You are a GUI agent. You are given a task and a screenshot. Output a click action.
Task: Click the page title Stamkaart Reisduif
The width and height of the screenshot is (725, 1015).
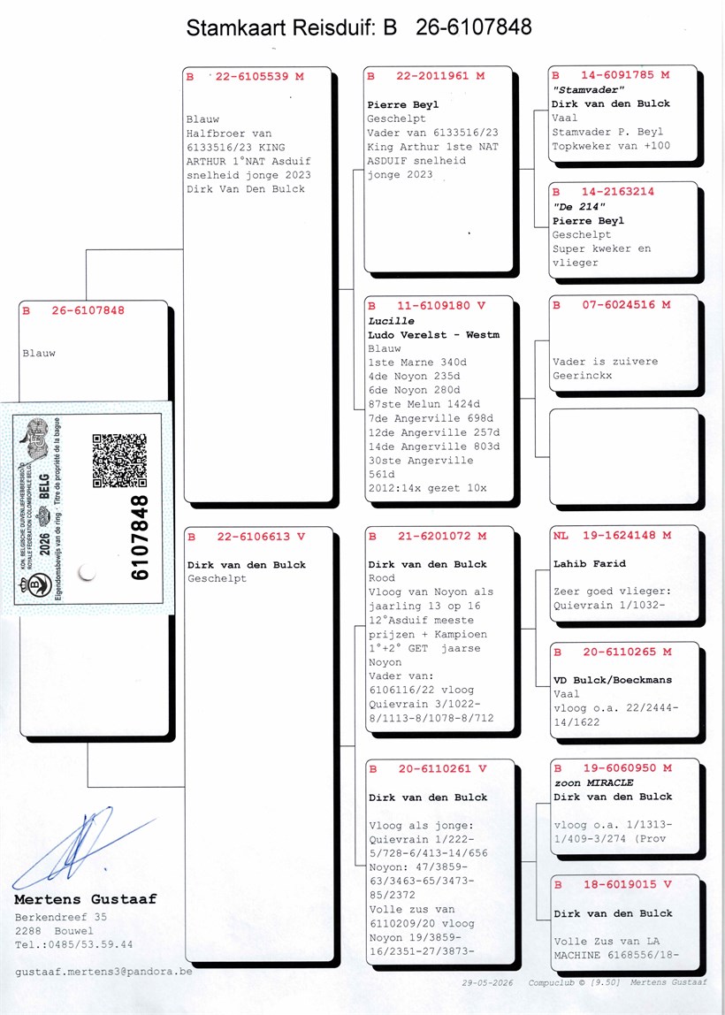(284, 27)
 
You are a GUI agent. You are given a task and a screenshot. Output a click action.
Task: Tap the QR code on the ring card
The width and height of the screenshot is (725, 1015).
(119, 461)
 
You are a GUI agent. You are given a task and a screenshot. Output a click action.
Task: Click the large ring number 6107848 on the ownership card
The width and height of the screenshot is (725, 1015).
(140, 538)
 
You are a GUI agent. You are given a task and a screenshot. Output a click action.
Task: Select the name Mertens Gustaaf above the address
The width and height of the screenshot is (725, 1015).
(86, 899)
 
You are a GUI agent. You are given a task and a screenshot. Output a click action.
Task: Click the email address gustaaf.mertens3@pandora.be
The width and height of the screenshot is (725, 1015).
(103, 972)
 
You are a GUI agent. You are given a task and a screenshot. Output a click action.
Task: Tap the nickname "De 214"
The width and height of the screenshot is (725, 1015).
(579, 207)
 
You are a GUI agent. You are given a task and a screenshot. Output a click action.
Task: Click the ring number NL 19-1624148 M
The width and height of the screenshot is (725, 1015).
(613, 535)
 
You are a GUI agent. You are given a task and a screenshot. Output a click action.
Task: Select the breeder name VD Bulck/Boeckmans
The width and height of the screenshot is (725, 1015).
(613, 680)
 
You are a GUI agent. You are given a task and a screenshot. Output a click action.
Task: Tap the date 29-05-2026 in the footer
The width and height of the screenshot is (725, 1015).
(487, 982)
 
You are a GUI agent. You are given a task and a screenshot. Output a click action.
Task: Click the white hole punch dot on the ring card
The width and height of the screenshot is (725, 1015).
(87, 572)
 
